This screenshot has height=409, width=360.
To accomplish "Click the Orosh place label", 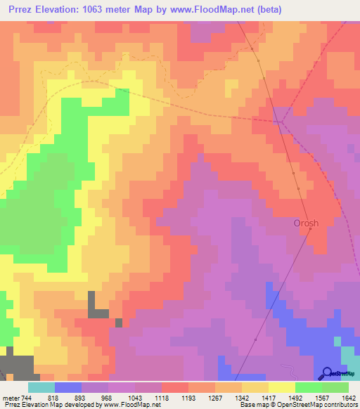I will point(306,223).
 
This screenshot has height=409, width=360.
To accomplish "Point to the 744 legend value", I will point(25,396).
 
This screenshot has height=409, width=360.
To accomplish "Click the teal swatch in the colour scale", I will point(41,387).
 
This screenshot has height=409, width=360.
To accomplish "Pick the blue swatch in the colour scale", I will point(68,387).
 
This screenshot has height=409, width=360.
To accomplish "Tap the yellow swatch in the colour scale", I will point(281,387).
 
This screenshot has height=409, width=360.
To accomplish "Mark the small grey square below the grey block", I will point(119,323).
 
